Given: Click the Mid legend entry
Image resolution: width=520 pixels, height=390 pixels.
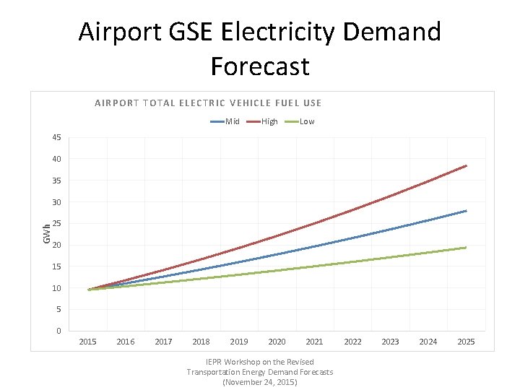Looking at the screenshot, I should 226,121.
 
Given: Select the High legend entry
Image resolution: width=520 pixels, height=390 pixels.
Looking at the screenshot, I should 264,121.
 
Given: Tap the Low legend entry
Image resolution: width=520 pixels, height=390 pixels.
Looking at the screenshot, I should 301,121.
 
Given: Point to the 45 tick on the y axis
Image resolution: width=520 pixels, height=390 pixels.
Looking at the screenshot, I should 56,137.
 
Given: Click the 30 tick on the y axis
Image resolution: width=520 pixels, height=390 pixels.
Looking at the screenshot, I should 56,202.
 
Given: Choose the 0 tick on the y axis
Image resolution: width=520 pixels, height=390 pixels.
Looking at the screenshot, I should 58,331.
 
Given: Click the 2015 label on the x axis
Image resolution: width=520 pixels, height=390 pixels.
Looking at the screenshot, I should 88,342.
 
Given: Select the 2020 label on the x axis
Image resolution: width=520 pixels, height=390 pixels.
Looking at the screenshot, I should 277,342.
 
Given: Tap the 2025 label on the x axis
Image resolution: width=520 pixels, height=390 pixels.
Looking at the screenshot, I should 466,342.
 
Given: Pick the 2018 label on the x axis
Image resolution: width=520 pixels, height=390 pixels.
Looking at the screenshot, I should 201,342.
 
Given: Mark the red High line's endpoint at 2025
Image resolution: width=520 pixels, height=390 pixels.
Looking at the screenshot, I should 467,165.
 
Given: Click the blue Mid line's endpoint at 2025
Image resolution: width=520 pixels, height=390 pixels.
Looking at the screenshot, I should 467,211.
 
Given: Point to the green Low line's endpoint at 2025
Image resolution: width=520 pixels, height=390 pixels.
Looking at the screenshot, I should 467,248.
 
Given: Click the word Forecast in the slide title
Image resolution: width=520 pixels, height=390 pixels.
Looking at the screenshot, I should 260,66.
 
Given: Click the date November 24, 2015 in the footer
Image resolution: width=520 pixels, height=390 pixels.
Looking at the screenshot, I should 260,381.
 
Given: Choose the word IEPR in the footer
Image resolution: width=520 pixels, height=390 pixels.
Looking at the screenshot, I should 214,362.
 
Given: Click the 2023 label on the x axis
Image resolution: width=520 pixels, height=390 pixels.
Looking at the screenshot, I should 390,342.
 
